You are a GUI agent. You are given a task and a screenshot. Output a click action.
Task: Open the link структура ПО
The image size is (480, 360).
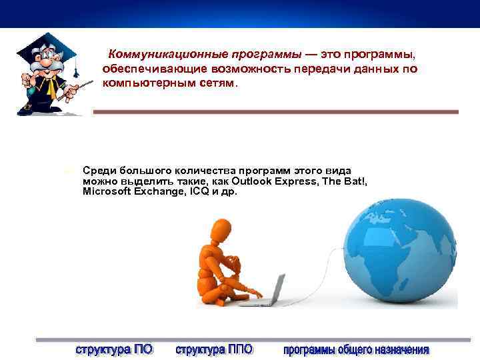point(114,349)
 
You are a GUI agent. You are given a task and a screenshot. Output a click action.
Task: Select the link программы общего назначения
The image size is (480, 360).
point(356,349)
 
